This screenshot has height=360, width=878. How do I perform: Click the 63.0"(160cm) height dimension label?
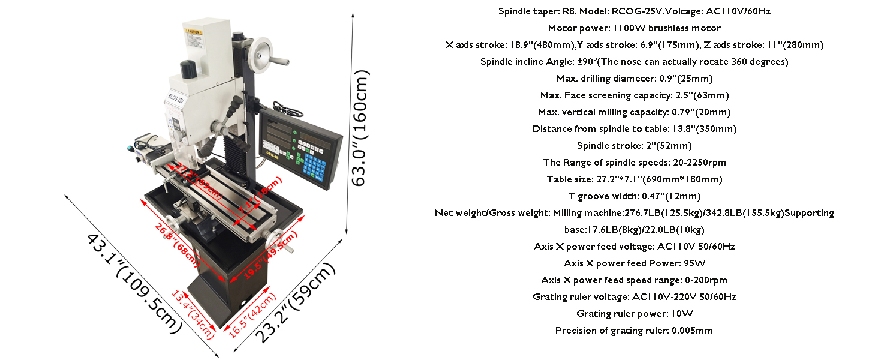[x=362, y=128]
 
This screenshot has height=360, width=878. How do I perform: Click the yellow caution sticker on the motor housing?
[x=193, y=31]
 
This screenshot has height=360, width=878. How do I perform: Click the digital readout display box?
[x=300, y=149]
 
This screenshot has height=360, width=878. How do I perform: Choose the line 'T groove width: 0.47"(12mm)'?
[x=634, y=196]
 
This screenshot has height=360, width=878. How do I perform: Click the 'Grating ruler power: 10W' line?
[x=634, y=314]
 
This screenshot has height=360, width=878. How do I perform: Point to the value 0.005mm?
[x=692, y=331]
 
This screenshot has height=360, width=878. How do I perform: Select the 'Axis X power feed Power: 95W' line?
[x=634, y=263]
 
